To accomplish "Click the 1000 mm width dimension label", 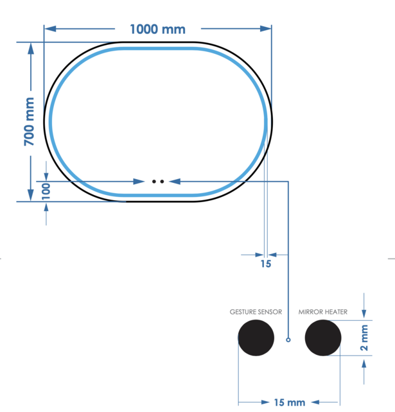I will click(157, 29).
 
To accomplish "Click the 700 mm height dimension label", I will click(30, 121).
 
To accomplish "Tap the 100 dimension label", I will click(46, 191).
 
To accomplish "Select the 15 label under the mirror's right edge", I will click(266, 263).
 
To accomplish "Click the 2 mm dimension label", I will click(365, 338).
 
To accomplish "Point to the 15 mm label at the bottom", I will click(289, 402).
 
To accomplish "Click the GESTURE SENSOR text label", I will click(256, 313).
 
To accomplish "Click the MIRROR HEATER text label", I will click(323, 313).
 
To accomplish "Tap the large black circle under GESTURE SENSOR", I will click(256, 338).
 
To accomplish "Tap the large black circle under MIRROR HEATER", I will click(323, 338).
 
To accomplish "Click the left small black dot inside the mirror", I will click(154, 182).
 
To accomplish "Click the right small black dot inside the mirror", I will click(162, 182).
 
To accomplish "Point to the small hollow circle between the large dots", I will click(288, 338).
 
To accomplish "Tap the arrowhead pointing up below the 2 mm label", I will click(365, 362).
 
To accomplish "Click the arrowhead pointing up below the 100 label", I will click(46, 207).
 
